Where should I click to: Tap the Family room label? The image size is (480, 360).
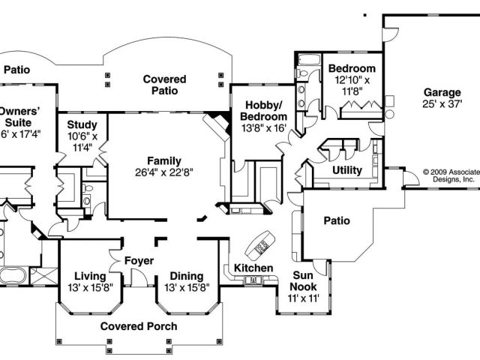pyautogui.click(x=164, y=160)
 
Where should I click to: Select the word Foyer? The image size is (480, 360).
pyautogui.click(x=139, y=261)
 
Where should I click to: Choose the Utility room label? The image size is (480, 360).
pyautogui.click(x=347, y=170)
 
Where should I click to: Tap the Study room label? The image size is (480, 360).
pyautogui.click(x=82, y=124)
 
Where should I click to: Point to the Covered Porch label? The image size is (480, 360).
pyautogui.click(x=139, y=326)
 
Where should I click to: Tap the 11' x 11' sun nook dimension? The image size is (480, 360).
pyautogui.click(x=304, y=298)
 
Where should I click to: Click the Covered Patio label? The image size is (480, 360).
pyautogui.click(x=164, y=85)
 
